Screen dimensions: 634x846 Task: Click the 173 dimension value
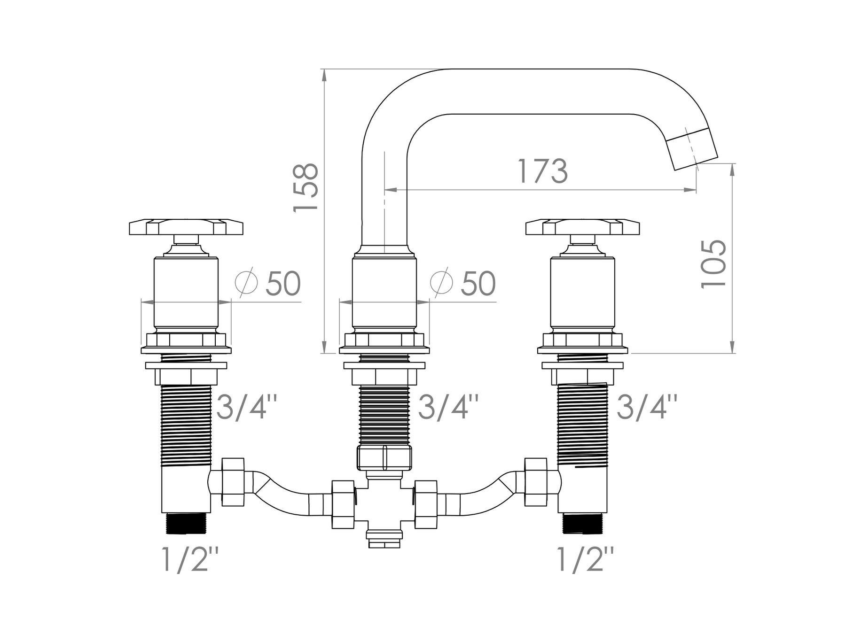pos(542,171)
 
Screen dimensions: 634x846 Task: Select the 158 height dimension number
pos(306,188)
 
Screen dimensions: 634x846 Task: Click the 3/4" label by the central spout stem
pos(449,407)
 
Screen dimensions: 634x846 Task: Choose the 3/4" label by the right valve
pos(647,407)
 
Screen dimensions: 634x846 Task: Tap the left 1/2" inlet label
pos(190,558)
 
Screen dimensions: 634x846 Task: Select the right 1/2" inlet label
pos(585,558)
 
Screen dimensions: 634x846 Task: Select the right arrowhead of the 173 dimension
pos(691,190)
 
